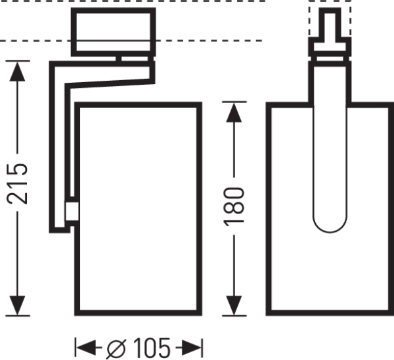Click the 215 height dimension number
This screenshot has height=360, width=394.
point(19,184)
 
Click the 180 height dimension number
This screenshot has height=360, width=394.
point(234,206)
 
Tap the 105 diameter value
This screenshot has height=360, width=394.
point(151,347)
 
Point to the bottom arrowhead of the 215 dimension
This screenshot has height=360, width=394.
point(19,305)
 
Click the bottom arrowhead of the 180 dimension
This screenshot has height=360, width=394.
point(234,305)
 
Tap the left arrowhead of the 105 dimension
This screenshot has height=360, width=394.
point(84,347)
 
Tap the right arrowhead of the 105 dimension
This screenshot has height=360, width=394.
point(193,347)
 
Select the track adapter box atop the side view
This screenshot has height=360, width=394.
point(114,32)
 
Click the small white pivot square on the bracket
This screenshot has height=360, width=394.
point(72,211)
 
